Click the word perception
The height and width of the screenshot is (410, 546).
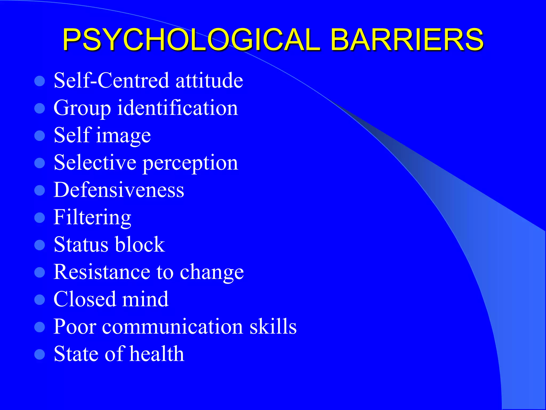[190, 163]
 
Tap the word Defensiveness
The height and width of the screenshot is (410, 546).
[119, 190]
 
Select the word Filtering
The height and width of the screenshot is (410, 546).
[92, 217]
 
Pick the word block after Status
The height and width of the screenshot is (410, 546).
[140, 245]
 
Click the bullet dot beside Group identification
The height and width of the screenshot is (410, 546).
[40, 108]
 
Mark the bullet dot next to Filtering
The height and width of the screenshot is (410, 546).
[40, 218]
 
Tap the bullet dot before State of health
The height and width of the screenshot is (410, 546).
[40, 354]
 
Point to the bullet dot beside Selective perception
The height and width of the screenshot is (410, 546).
[40, 163]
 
